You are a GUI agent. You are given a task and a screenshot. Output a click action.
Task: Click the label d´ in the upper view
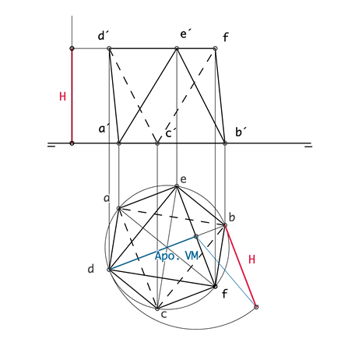coord(104,36)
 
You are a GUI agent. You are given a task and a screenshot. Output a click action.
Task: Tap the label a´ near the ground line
coord(104,129)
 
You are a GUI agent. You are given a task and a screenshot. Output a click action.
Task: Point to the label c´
coord(170,132)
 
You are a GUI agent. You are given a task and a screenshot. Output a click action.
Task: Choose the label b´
coord(241,132)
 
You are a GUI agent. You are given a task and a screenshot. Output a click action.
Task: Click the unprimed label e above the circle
coord(183,179)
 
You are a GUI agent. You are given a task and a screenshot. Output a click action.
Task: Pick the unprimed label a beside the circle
coord(107,199)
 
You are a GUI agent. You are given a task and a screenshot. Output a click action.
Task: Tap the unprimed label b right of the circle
coord(231,217)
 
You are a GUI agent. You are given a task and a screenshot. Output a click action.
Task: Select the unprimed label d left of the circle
coord(90,269)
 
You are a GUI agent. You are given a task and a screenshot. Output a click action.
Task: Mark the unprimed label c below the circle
coord(163,314)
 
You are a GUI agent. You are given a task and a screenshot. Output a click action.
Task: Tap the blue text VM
coord(192,256)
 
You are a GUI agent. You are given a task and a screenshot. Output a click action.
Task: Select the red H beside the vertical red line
coord(62,97)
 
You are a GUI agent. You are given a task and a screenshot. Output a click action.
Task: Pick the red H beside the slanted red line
coord(251,259)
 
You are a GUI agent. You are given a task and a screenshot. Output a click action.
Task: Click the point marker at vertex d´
coord(109,48)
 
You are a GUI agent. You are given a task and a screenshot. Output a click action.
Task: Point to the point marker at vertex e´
coord(177,48)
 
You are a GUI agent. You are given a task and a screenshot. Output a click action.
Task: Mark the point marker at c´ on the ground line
coord(157,143)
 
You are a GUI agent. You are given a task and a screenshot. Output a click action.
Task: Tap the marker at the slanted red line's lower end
coord(256,307)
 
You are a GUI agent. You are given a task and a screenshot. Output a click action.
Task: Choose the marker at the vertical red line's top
coord(72,48)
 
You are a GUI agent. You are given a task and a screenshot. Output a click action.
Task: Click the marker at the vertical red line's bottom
coord(72,143)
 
